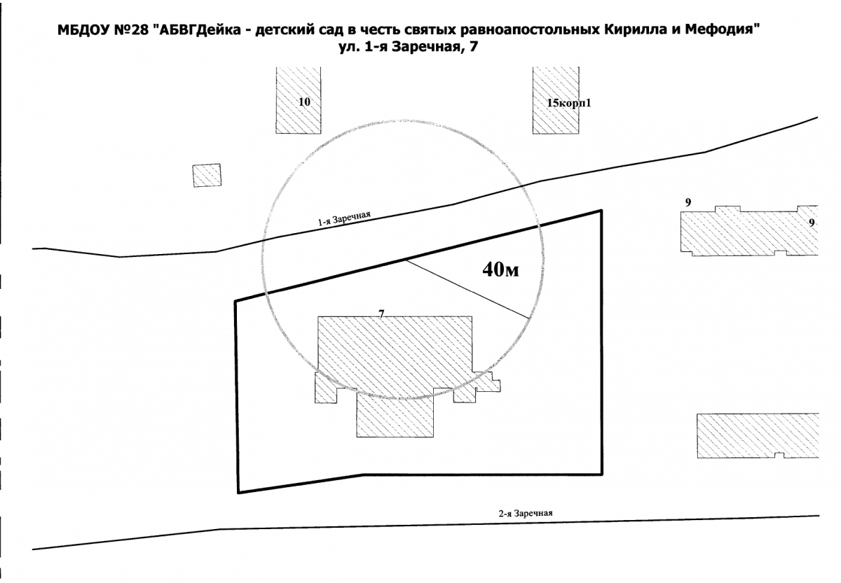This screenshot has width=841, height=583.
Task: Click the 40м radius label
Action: pos(501,269)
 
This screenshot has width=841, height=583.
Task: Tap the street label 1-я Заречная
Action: pos(344,218)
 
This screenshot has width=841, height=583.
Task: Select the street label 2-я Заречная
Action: pos(526,513)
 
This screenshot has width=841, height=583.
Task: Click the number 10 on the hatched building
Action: pos(304,101)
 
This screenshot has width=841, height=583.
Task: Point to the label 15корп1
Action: pos(569,103)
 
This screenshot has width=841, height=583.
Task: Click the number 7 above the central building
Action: pos(381,314)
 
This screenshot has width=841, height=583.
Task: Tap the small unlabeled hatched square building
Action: pos(207,175)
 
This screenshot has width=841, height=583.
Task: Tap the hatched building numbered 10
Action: pos(299,100)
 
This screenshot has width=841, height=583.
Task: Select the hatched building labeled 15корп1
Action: pos(556,100)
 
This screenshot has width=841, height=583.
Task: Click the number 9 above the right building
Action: pos(688,202)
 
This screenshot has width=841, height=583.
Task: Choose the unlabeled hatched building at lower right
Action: pos(758,435)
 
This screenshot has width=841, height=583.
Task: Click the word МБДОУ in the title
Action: pos(83,30)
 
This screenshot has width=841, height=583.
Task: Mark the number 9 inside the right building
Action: pos(812,223)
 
